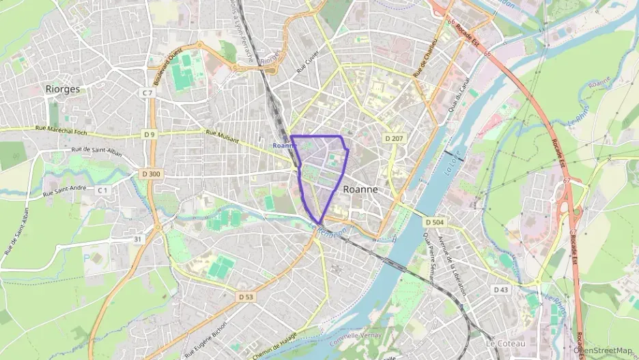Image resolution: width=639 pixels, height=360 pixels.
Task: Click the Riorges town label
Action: tap(62, 89)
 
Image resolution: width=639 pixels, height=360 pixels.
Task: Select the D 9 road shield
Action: tap(150, 135)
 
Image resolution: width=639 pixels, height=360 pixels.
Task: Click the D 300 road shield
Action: tap(152, 174)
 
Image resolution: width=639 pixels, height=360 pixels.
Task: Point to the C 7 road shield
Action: tap(147, 92)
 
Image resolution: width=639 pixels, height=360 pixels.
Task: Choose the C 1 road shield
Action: tap(103, 190)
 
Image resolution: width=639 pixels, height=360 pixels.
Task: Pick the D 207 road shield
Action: tap(394, 139)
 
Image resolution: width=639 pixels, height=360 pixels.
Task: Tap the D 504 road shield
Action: tap(434, 223)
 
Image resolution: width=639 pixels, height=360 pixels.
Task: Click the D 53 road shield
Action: tap(246, 296)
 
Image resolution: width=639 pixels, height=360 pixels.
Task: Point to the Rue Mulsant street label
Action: tap(223, 137)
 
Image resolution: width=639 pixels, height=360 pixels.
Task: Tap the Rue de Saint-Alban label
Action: tap(96, 151)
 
